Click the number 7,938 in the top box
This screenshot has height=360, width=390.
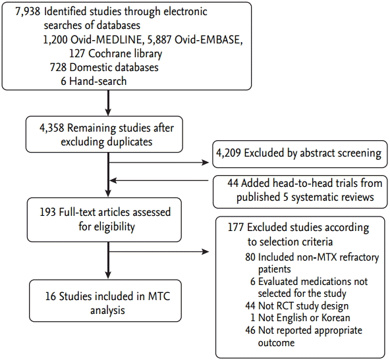(28, 12)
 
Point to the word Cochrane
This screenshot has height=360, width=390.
(108, 54)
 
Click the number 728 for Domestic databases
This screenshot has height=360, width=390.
(58, 67)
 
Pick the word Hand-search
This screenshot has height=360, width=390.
(98, 81)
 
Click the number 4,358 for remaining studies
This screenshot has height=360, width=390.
(52, 128)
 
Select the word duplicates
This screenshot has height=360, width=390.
(130, 142)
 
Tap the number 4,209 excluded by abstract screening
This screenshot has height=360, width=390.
(229, 153)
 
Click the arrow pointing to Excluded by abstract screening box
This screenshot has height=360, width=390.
(159, 163)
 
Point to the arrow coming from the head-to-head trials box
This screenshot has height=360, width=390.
(159, 180)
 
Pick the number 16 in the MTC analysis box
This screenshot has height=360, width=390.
(51, 296)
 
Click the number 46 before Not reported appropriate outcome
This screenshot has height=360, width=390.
(250, 330)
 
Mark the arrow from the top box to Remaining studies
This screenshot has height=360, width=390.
(108, 103)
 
